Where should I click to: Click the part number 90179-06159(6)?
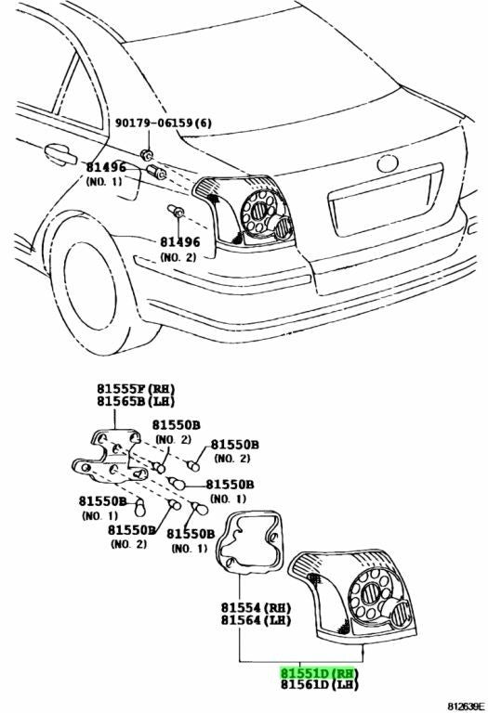pyautogui.click(x=163, y=123)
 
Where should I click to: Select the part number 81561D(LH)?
pyautogui.click(x=319, y=685)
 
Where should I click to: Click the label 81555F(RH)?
pyautogui.click(x=136, y=389)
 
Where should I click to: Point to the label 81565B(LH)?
pyautogui.click(x=136, y=401)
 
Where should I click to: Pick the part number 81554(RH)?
pyautogui.click(x=256, y=607)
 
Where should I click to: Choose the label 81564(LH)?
pyautogui.click(x=256, y=620)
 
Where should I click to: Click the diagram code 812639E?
pyautogui.click(x=467, y=707)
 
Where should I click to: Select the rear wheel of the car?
pyautogui.click(x=95, y=286)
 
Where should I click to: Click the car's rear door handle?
pyautogui.click(x=60, y=154)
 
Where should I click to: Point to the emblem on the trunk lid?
pyautogui.click(x=388, y=163)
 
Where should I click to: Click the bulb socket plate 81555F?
pyautogui.click(x=111, y=456)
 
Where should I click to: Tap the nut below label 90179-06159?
pyautogui.click(x=147, y=155)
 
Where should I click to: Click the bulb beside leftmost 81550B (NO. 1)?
pyautogui.click(x=140, y=508)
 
